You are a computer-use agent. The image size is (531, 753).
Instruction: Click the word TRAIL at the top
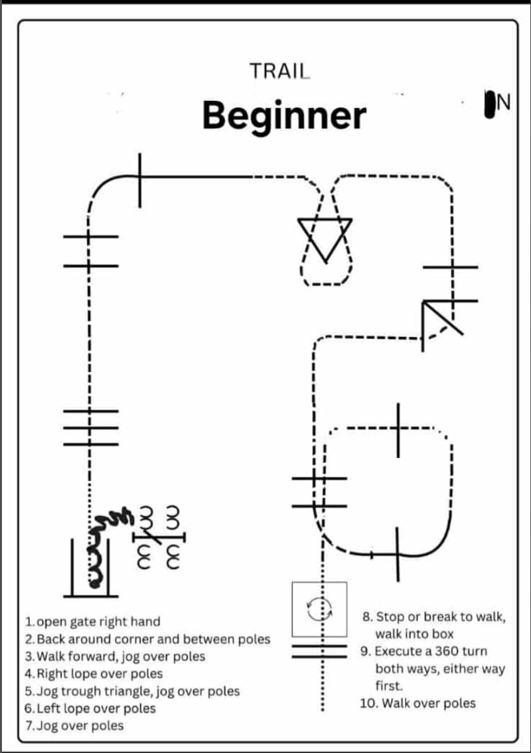[x=279, y=71]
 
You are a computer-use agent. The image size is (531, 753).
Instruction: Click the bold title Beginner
[x=284, y=115]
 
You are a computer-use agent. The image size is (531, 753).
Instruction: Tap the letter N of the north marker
[x=504, y=102]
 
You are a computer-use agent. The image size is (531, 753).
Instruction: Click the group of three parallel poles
[x=91, y=427]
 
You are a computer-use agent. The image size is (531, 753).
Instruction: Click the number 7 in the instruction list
[x=29, y=726]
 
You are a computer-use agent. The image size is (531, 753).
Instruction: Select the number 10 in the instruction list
[x=368, y=703]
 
